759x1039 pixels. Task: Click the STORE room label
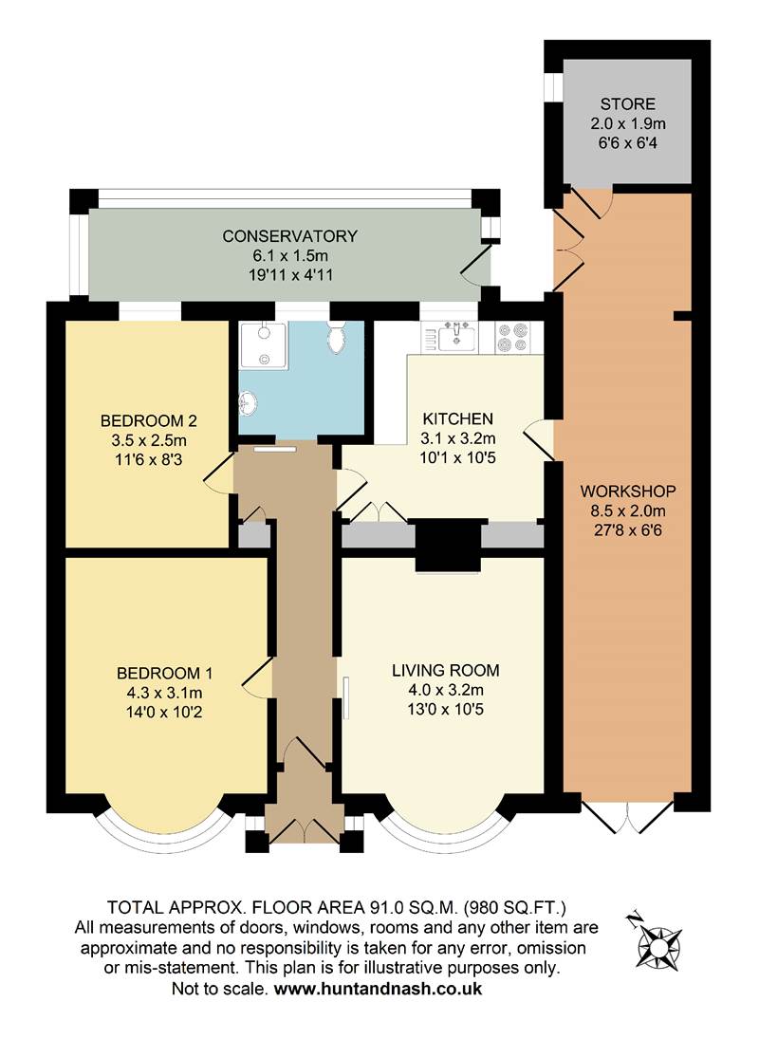tap(627, 103)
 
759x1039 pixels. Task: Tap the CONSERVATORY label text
tap(289, 236)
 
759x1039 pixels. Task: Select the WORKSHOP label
tap(627, 492)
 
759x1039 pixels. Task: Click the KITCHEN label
tap(458, 418)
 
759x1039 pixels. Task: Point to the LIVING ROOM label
tap(445, 671)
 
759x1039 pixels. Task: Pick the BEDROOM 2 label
tap(149, 420)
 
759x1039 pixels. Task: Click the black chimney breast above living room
tap(449, 546)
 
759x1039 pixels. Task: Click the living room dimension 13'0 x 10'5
tap(445, 709)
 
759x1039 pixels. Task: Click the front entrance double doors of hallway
tap(303, 828)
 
